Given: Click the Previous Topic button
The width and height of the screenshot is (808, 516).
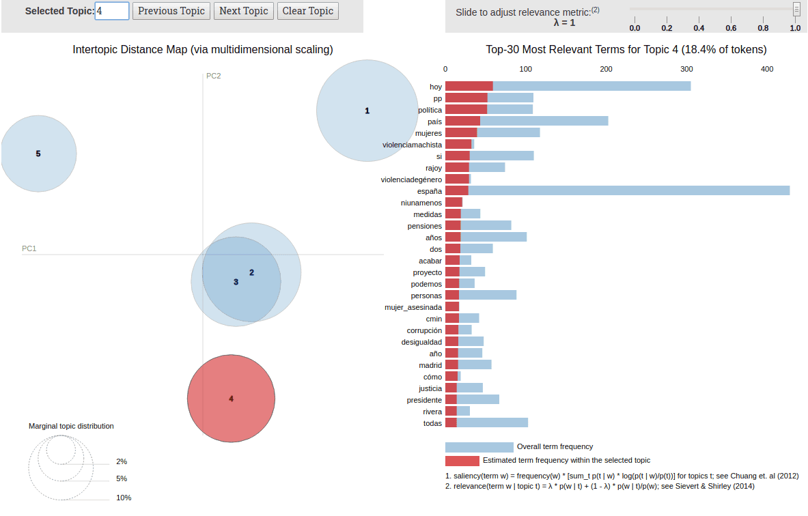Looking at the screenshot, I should [x=171, y=11].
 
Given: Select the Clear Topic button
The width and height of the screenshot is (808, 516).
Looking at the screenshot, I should [x=307, y=11].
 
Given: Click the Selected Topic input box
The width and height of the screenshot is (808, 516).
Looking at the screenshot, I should [x=111, y=11].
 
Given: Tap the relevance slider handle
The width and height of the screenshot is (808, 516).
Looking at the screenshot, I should [x=796, y=9].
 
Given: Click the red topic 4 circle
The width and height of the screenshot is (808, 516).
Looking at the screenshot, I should [x=231, y=399].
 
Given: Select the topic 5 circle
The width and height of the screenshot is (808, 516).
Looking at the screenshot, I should [x=38, y=154].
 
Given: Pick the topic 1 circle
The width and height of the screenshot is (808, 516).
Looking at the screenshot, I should [x=367, y=111].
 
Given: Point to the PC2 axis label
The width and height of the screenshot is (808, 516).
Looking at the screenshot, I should [x=214, y=76].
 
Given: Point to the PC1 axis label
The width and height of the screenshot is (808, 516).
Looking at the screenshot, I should [x=29, y=248].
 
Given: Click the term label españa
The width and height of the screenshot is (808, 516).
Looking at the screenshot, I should [x=429, y=191].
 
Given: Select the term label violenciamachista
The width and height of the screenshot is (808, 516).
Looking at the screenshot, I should [x=412, y=145].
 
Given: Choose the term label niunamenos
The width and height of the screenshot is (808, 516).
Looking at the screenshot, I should [x=421, y=203].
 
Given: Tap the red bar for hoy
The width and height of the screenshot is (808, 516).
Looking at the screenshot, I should [x=469, y=86].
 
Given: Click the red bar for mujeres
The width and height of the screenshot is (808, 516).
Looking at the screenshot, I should [x=461, y=132].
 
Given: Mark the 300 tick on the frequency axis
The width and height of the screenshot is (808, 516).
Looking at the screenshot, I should [x=686, y=69].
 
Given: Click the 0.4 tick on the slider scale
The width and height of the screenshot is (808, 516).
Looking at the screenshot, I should [x=699, y=28].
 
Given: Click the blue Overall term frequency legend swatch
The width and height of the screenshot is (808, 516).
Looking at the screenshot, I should [x=479, y=447].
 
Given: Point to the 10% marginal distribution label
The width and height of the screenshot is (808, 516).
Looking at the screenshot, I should [x=124, y=498].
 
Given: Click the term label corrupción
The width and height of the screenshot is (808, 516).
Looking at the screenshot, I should [x=424, y=330].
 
